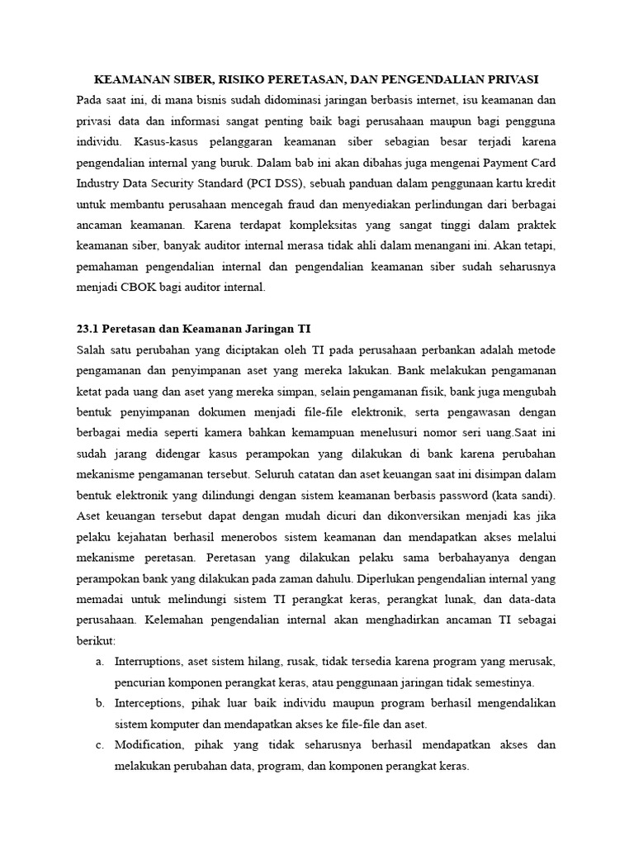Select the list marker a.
[100, 662]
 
